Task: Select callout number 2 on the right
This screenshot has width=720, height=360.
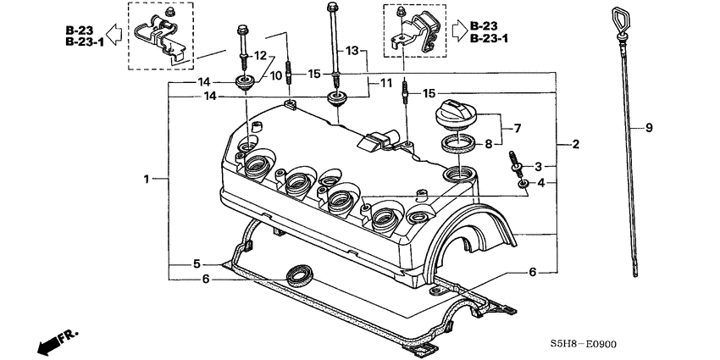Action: (576, 145)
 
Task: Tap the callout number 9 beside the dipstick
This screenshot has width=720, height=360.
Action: (650, 128)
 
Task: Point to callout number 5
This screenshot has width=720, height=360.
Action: (197, 263)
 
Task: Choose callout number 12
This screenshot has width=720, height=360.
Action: (261, 56)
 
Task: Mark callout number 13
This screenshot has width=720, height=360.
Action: (352, 52)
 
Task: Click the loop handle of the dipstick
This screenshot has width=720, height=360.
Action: (615, 18)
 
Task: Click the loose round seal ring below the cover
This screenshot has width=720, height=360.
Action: (298, 273)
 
